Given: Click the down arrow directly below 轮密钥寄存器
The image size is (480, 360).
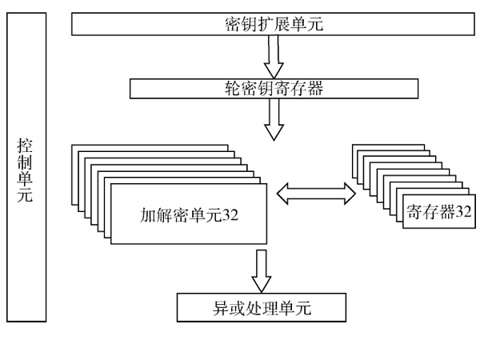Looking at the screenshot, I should point(274,119).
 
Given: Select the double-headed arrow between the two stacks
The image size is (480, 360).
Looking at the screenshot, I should point(315,192).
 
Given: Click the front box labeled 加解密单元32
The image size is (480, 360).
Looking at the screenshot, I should point(189,214).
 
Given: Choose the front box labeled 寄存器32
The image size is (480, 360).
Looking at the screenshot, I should point(437,213).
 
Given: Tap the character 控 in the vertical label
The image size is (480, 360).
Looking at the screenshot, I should point(26,145).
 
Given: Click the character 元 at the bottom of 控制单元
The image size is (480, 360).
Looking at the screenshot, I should point(26,194).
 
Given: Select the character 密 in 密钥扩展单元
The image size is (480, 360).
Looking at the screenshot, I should point(233,24).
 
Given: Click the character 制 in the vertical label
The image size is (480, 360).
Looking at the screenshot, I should point(26,162).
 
